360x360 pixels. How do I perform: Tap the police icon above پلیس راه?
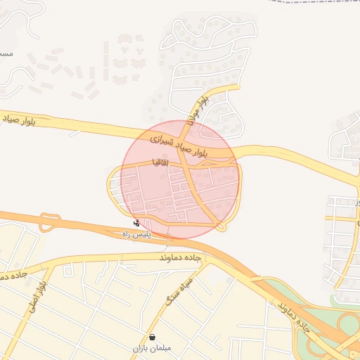click(x=136, y=223)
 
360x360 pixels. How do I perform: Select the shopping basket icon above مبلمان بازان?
click(x=153, y=337)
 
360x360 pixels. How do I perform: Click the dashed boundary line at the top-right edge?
click(x=316, y=3)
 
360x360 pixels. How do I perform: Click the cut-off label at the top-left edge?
click(x=5, y=53)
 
